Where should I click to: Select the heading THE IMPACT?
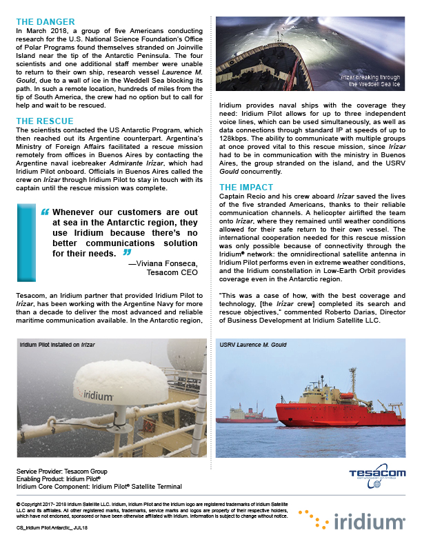click(x=246, y=187)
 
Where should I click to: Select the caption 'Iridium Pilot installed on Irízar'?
click(x=57, y=344)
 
